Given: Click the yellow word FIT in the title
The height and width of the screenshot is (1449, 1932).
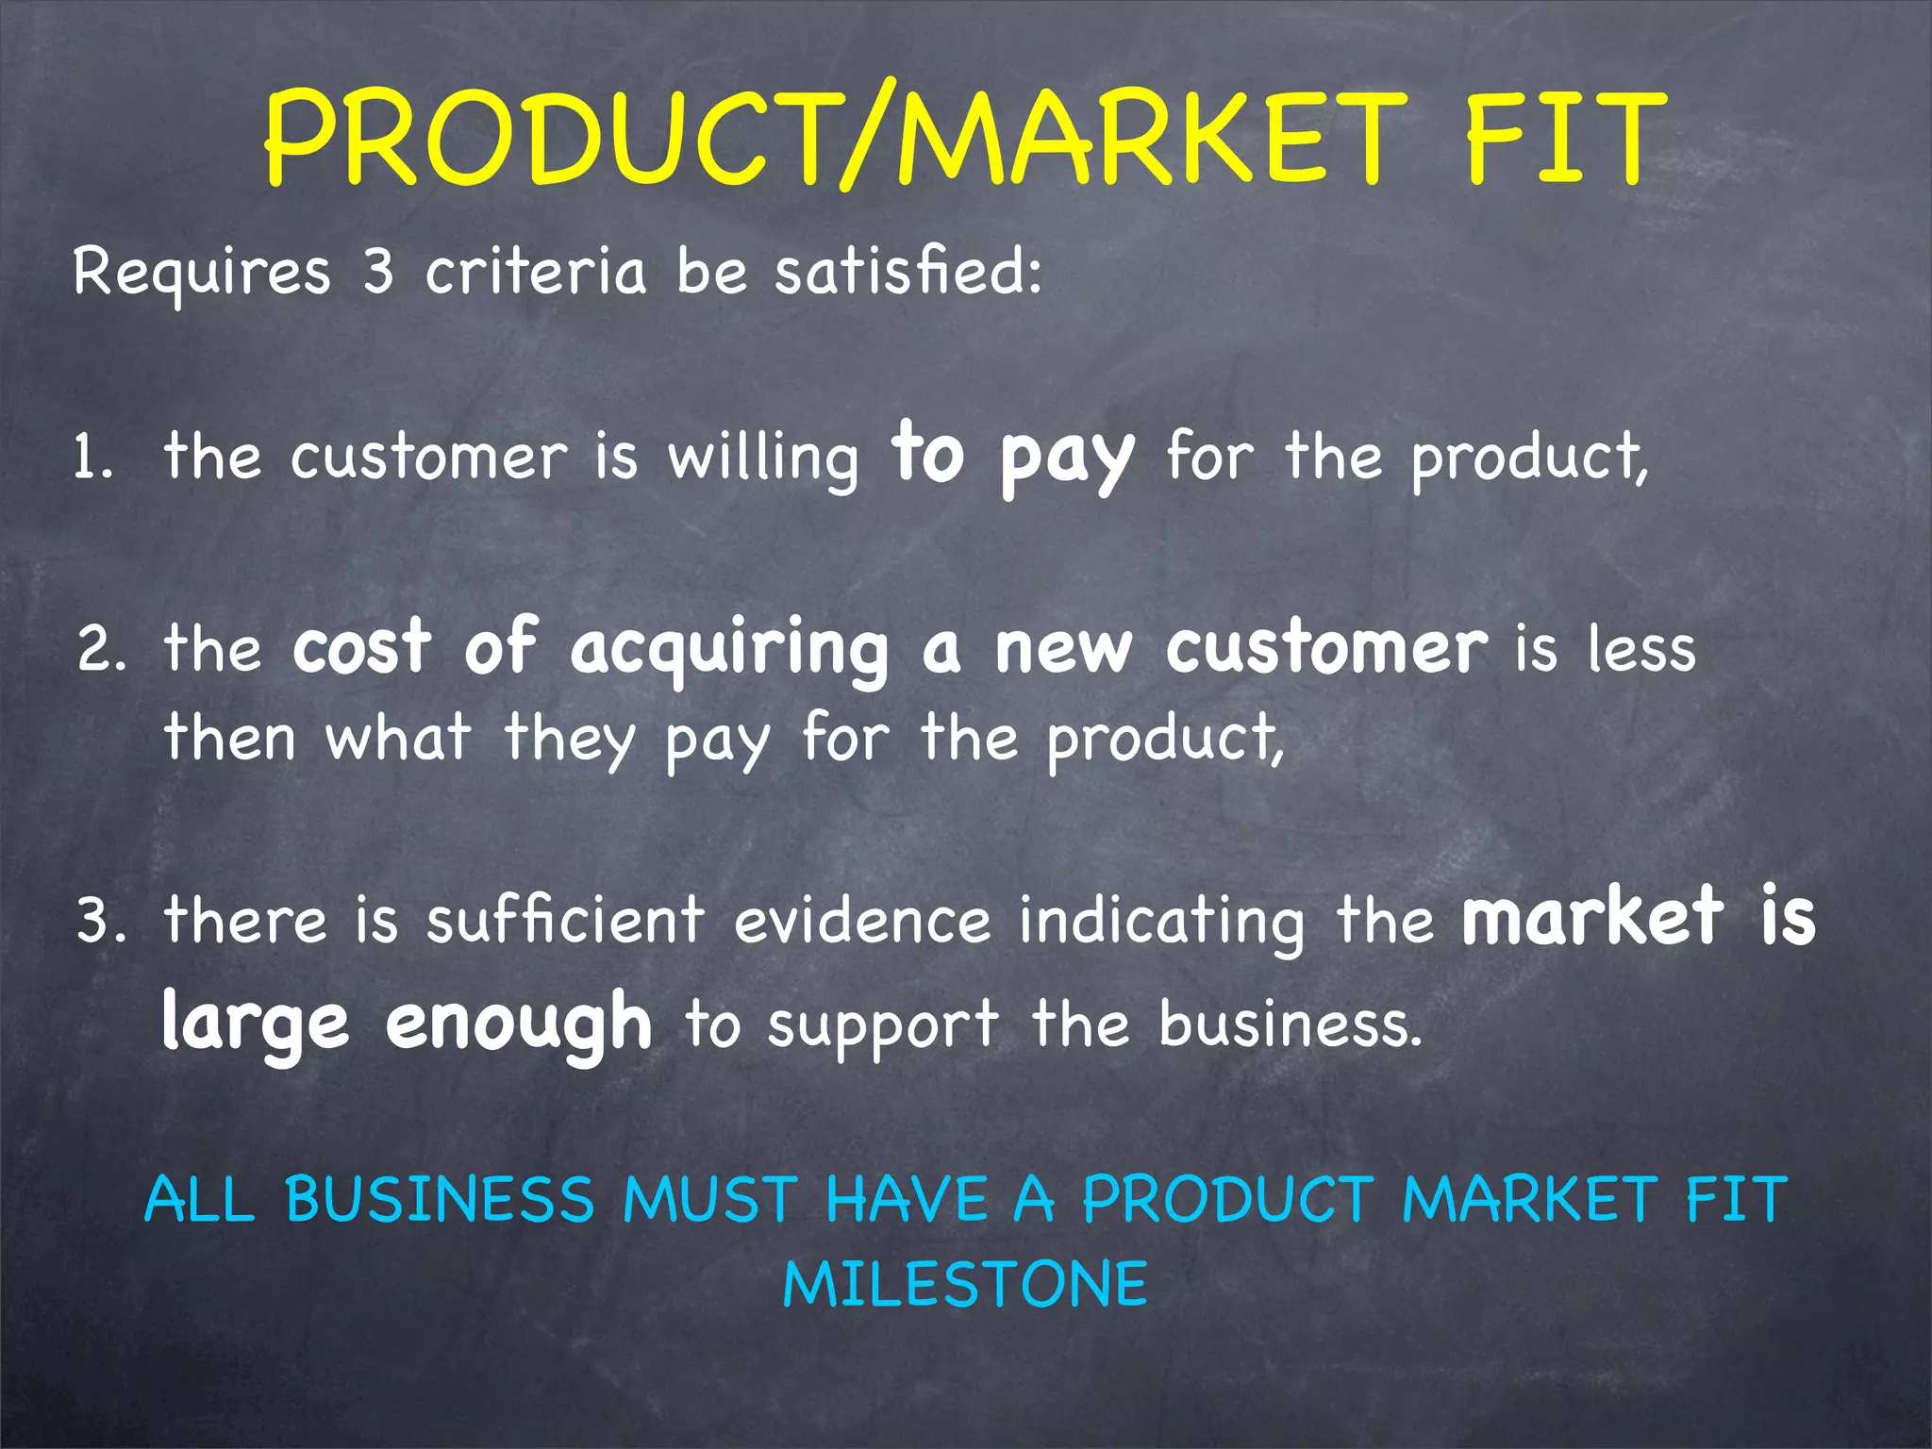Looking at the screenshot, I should tap(1563, 139).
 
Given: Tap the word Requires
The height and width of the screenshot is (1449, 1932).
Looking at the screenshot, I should tap(202, 273).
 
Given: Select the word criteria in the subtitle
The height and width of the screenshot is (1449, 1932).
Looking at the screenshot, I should tap(535, 273).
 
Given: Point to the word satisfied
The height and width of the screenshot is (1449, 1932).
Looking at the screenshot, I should tap(908, 273).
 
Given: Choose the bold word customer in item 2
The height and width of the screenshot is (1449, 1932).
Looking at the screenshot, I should tap(1326, 649).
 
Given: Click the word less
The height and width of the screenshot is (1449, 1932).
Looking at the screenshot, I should tap(1641, 649).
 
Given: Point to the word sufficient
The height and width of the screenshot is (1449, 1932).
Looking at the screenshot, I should tap(565, 920).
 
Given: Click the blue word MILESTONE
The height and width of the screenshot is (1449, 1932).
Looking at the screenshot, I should tap(965, 1285).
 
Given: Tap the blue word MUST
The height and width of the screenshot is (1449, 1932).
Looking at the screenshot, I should tap(709, 1200).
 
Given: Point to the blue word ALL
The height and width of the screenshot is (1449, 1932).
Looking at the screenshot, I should tap(200, 1200).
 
